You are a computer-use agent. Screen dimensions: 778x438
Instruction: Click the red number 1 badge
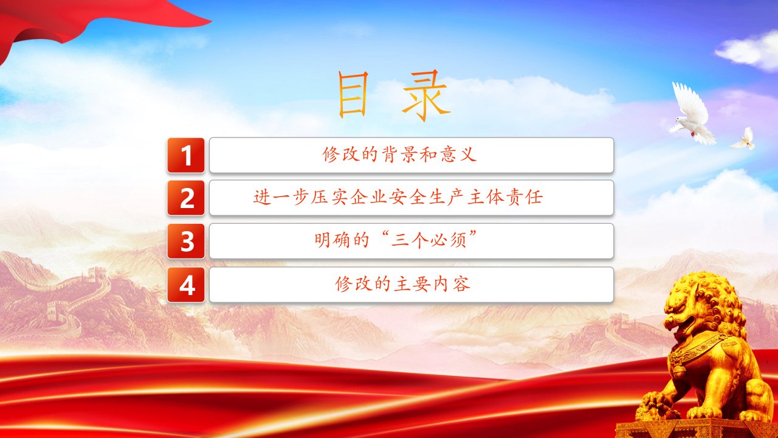(186, 155)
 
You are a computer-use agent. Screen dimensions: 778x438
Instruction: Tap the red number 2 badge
(186, 198)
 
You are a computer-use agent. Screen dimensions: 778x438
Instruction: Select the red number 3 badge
(186, 241)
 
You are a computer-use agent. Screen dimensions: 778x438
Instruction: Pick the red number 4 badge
(186, 285)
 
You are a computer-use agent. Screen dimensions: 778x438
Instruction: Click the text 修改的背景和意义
(399, 154)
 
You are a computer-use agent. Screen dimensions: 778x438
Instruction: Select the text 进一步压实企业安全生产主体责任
(398, 197)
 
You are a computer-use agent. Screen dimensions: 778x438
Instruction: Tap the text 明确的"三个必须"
(396, 240)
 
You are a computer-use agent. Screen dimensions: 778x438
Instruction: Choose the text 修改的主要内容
(403, 283)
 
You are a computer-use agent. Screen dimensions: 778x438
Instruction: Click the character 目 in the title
(353, 94)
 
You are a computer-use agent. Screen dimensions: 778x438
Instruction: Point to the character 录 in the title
(426, 96)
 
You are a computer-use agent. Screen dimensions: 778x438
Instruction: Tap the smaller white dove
(744, 139)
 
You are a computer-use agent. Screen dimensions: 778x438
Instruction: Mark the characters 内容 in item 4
(452, 283)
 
